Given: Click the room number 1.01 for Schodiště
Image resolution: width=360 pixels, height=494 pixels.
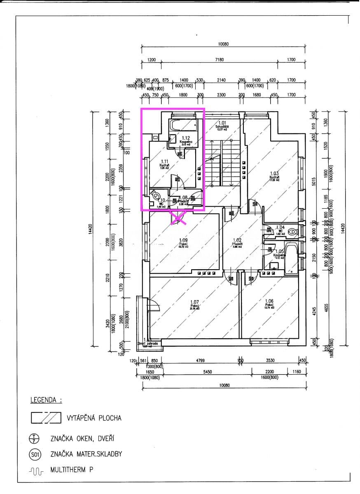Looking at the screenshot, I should [x=222, y=123].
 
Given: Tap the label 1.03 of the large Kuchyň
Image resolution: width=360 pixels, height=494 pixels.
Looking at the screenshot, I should [x=274, y=173].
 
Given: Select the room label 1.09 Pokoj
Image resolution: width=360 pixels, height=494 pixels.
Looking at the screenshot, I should [x=183, y=240].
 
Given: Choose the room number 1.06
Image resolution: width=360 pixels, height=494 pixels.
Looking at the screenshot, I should [x=269, y=301].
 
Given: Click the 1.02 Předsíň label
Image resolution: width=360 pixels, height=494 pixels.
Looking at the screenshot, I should [x=236, y=240].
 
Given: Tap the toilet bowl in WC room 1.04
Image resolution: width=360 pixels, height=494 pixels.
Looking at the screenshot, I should [x=292, y=232].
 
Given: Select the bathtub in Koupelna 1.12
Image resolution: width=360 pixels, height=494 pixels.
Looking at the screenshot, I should [x=184, y=125].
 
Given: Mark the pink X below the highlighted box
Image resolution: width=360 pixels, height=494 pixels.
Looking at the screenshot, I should [x=179, y=218].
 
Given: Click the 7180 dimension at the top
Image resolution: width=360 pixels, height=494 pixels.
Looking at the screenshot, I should [x=219, y=60].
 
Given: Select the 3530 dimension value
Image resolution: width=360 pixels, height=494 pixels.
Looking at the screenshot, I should [x=270, y=360].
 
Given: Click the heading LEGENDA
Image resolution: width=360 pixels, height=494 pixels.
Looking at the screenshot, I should [x=46, y=400].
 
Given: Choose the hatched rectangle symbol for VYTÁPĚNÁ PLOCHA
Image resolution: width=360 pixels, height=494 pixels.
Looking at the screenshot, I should [x=46, y=418].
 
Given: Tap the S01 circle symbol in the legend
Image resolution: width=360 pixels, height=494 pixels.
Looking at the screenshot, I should [x=35, y=454].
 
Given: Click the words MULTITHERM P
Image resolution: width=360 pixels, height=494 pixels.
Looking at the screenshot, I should [x=72, y=469].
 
